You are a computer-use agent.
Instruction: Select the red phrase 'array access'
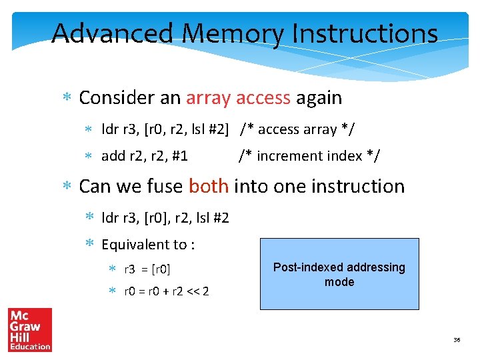tap(238, 98)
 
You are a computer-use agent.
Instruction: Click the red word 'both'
tap(209, 186)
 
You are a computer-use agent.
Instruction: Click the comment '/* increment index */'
tap(309, 156)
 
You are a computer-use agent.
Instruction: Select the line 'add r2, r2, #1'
tap(144, 156)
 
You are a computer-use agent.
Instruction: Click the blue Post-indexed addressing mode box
tap(339, 274)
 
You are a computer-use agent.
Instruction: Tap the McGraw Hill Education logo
tap(29, 329)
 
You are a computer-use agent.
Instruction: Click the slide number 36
tap(457, 340)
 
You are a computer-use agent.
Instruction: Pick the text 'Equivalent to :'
tap(148, 245)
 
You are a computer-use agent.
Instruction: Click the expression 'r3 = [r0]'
tap(147, 269)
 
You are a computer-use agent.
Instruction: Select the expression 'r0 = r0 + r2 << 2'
tap(167, 291)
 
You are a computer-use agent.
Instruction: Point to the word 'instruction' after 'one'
tap(360, 186)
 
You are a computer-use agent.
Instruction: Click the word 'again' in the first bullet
tap(319, 98)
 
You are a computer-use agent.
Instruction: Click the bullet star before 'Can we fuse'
tap(67, 187)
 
